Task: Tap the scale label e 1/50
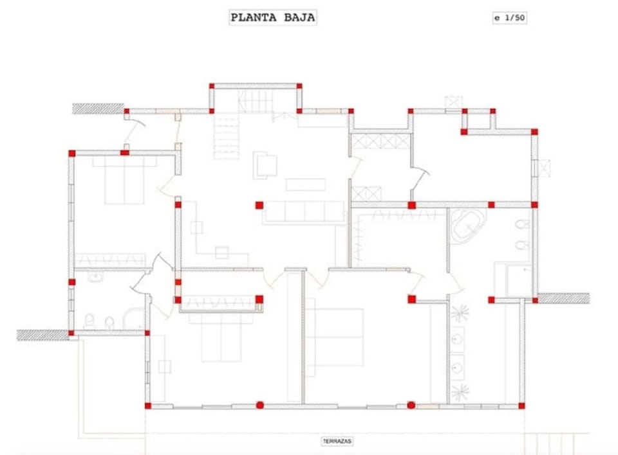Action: click(x=510, y=18)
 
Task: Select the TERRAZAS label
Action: click(x=337, y=442)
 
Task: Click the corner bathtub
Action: click(x=467, y=226)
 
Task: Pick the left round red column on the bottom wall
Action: click(x=259, y=405)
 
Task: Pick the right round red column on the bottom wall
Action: click(x=411, y=405)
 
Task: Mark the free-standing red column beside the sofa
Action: click(x=259, y=205)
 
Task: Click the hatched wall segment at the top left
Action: click(x=98, y=109)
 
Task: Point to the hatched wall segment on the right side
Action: click(x=564, y=298)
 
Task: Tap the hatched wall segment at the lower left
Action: click(x=42, y=335)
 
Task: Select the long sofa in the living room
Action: click(x=303, y=213)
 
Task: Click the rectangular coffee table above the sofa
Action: click(x=305, y=184)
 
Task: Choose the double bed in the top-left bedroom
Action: click(x=124, y=181)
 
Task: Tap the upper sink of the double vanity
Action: click(x=457, y=339)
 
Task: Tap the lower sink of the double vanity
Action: click(x=457, y=368)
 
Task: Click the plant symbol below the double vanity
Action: click(x=460, y=392)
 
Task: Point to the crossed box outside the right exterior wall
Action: click(x=545, y=168)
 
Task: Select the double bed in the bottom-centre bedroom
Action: click(x=334, y=337)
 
